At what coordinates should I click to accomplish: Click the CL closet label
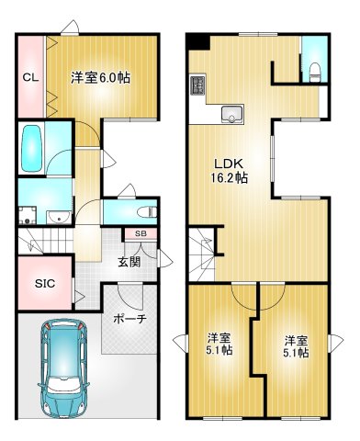29,77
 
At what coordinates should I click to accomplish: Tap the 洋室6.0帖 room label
101,77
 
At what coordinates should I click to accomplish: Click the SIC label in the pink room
45,284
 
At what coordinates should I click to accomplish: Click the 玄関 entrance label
129,262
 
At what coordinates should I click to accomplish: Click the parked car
61,367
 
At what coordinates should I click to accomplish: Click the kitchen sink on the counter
230,115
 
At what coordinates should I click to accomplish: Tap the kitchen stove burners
197,87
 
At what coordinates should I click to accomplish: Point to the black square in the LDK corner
199,41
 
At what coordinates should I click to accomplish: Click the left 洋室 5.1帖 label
219,344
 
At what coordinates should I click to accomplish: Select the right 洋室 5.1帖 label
296,344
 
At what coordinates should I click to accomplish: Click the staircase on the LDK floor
202,252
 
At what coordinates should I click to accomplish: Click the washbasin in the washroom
57,217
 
